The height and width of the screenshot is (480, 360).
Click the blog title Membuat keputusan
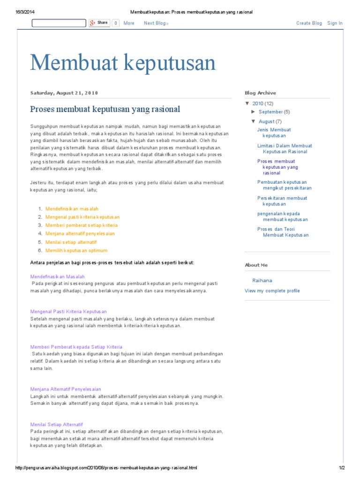click(x=123, y=63)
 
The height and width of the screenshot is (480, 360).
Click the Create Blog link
click(x=309, y=23)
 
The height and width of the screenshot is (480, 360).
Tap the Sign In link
click(x=335, y=23)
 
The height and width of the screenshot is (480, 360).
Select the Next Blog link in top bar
click(x=156, y=23)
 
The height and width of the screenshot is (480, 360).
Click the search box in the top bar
click(x=59, y=23)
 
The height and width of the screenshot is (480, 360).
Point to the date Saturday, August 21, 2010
click(x=64, y=93)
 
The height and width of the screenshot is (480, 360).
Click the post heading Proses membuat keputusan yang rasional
click(x=105, y=109)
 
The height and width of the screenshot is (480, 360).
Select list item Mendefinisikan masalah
click(x=72, y=209)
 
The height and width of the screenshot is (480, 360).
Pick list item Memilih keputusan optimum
click(x=76, y=250)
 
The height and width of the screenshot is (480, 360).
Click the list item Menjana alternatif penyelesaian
click(x=80, y=233)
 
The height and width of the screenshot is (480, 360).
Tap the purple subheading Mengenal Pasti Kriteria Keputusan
click(x=68, y=311)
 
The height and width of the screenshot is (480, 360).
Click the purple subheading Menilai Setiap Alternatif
click(x=56, y=424)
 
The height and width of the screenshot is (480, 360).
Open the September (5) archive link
click(x=274, y=112)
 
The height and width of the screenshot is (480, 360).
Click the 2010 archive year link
click(x=258, y=104)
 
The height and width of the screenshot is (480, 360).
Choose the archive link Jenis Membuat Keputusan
click(x=274, y=133)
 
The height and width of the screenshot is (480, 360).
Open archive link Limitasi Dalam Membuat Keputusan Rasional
click(x=285, y=149)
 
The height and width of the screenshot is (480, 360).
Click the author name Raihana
click(x=262, y=280)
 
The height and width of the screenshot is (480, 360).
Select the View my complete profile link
click(x=272, y=291)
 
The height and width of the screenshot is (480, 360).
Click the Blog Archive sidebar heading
click(x=260, y=93)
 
